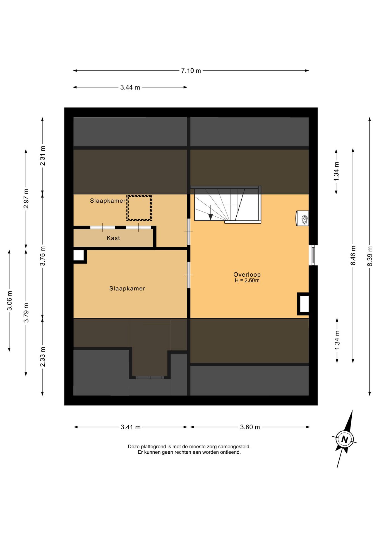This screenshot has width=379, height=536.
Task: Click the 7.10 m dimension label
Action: point(191,71)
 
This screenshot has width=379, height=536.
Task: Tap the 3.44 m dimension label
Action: point(130,87)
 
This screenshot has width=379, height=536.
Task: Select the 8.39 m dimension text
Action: point(370,256)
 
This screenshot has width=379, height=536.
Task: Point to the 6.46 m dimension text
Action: point(353,255)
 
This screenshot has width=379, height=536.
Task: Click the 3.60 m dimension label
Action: point(250,427)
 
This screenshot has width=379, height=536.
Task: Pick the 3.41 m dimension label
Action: point(131,427)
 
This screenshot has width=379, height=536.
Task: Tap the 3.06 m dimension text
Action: point(9,300)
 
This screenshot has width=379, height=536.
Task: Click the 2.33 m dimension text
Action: point(42,357)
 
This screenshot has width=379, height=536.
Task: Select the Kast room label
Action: point(113,238)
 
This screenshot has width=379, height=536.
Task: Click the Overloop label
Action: point(247,275)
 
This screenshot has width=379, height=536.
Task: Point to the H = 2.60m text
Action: point(247,281)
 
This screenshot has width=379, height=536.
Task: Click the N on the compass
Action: point(345,440)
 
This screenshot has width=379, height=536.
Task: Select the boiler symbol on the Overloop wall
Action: point(302,218)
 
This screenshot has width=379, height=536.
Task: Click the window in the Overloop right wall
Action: point(313,255)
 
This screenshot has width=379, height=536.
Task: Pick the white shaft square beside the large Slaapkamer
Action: point(79,255)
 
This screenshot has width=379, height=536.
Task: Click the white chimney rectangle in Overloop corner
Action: point(304,304)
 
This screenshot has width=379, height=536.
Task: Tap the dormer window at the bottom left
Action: point(150,377)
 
